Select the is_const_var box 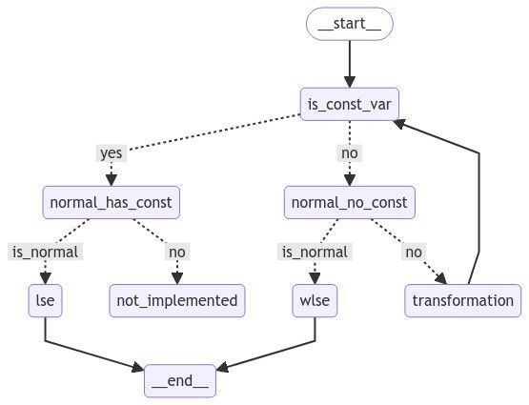pos(350,103)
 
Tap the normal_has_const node pos(112,202)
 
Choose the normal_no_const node pos(350,202)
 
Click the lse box pos(45,300)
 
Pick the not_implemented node pos(177,300)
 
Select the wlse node pos(315,300)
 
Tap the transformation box pos(463,300)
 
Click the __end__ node pos(180,380)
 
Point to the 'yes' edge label pos(112,152)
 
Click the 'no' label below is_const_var pos(350,152)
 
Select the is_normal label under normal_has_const pos(45,252)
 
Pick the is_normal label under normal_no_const pos(315,252)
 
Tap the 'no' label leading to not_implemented pos(177,252)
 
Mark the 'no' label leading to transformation pos(413,252)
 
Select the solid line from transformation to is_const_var pos(478,191)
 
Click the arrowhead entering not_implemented pos(176,277)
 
